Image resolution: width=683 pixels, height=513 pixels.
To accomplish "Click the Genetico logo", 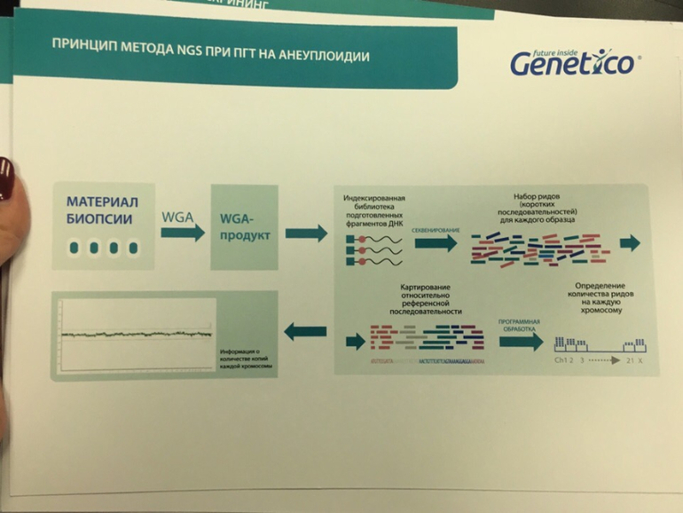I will point(573,62).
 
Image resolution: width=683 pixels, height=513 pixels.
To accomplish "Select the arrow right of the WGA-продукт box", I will point(306,233).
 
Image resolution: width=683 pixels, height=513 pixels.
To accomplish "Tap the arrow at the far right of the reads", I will point(632,244).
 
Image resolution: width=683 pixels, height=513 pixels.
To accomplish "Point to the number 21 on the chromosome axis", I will point(627,361).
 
